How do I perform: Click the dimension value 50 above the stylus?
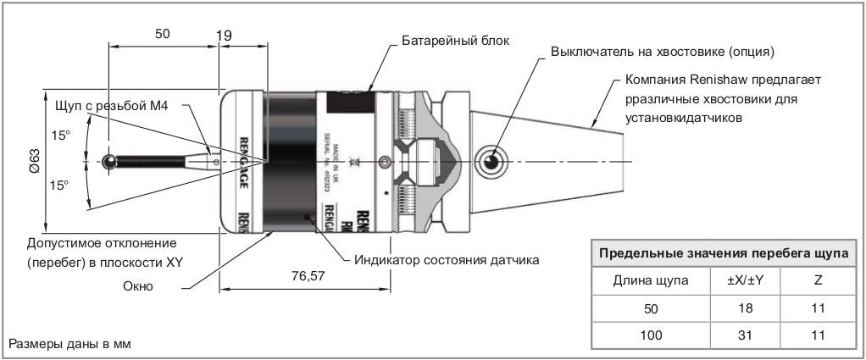[163, 34]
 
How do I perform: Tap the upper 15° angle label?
[60, 135]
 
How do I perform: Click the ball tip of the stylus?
[109, 160]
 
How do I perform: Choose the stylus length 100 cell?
[650, 336]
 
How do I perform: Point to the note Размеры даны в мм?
[71, 345]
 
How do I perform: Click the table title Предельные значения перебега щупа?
[724, 253]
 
